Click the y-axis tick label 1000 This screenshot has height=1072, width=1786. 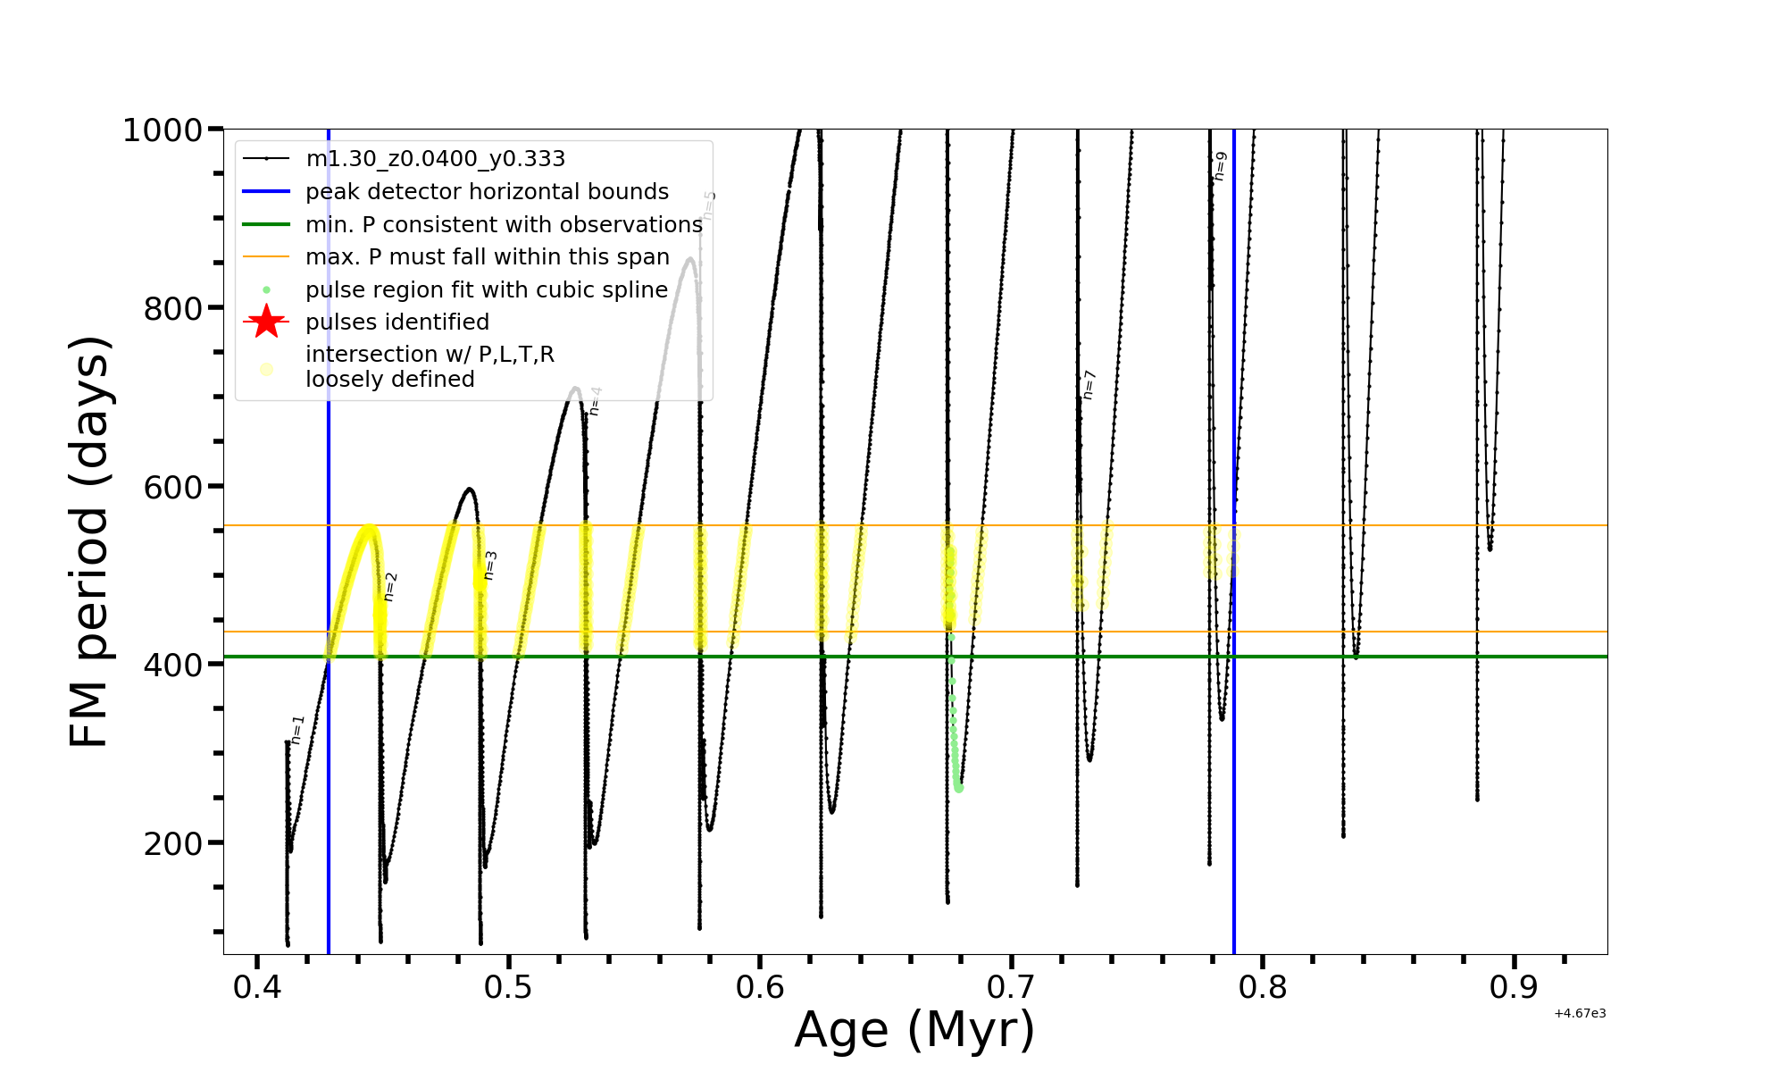(163, 130)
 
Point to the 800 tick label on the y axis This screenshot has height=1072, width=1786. (172, 309)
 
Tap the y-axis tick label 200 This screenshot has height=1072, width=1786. (172, 843)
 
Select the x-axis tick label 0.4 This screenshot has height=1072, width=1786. (257, 988)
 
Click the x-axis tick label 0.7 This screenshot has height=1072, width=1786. (1012, 988)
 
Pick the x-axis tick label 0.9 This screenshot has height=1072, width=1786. (1515, 988)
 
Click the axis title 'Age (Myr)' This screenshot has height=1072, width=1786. (914, 1030)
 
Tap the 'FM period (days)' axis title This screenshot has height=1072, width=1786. (90, 541)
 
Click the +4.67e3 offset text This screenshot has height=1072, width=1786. (1580, 1014)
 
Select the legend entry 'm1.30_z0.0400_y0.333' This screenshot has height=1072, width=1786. (435, 159)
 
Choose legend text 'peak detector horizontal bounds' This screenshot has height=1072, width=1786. (487, 192)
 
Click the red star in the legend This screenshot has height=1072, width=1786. (266, 322)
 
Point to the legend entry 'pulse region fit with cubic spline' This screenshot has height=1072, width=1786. (486, 289)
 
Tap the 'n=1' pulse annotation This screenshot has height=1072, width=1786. (298, 730)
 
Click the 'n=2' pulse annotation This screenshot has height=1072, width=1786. (390, 587)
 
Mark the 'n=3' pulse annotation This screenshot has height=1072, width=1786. (490, 565)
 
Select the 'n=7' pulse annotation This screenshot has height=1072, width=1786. (1089, 384)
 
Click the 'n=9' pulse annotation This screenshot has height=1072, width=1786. (1220, 166)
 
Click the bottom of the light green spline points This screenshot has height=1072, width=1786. (959, 788)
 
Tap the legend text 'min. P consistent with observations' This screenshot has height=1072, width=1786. (504, 224)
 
